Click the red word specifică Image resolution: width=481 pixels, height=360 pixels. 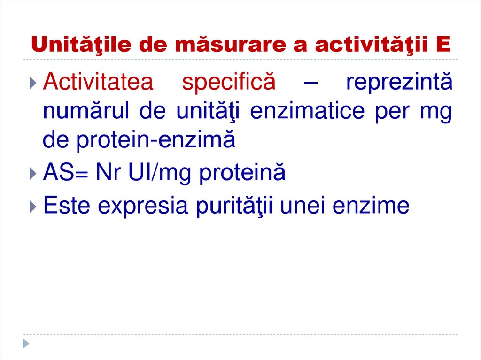[x=228, y=83]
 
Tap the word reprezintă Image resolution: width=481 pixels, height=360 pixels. [x=399, y=83]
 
